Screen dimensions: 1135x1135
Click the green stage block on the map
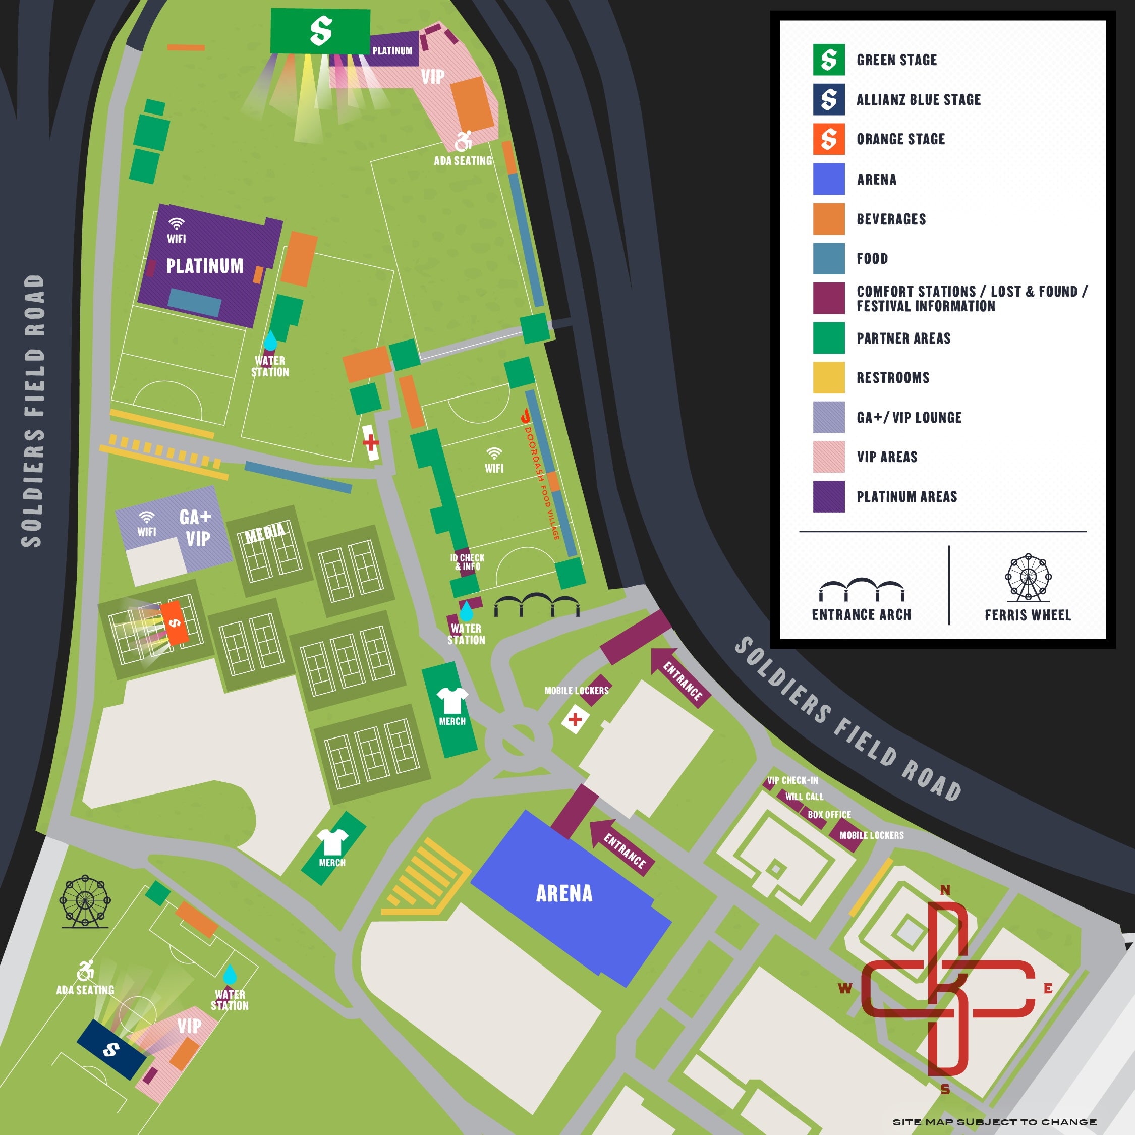tap(320, 31)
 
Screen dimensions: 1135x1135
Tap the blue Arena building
tap(564, 893)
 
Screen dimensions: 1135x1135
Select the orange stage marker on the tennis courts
tap(175, 622)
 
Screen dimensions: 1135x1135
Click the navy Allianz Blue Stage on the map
tap(111, 1049)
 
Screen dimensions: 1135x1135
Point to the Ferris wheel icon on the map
tap(85, 902)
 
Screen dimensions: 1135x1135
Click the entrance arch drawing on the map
tap(536, 605)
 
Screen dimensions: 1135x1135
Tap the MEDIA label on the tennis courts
tap(265, 533)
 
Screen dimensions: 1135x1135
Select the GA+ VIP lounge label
tap(196, 528)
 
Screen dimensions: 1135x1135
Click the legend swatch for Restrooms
tap(828, 377)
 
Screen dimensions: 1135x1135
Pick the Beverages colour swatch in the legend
tap(828, 218)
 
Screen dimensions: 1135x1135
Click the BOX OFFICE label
tap(828, 814)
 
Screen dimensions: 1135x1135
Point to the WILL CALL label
tap(804, 797)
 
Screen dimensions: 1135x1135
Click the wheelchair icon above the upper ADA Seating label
tap(464, 141)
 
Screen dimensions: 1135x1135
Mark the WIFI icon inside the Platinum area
tap(176, 224)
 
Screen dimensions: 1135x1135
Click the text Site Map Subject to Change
tap(994, 1121)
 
